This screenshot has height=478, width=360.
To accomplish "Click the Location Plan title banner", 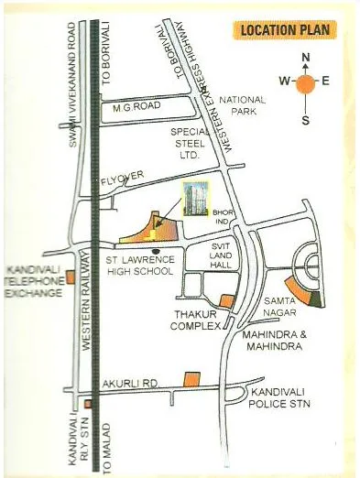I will coord(287,30).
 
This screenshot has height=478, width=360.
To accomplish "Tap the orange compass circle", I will coord(306,81).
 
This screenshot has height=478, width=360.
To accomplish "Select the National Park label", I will coord(243,105).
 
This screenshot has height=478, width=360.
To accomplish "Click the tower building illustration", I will coord(194,199).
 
